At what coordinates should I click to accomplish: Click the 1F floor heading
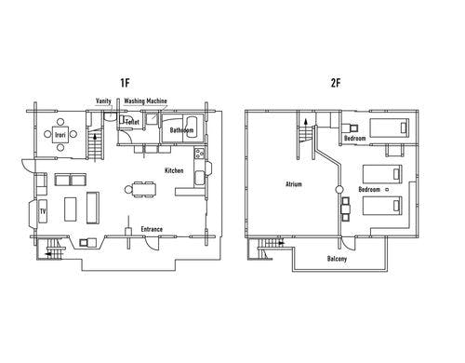[125, 83]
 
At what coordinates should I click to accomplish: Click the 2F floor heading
[336, 83]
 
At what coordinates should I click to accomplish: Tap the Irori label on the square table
[60, 135]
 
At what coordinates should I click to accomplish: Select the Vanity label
[103, 101]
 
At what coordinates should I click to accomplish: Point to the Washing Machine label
[145, 101]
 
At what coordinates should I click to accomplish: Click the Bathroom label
[181, 130]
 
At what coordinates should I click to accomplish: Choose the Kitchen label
[174, 170]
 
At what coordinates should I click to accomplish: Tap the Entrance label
[152, 229]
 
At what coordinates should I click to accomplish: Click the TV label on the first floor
[43, 211]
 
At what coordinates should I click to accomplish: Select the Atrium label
[293, 184]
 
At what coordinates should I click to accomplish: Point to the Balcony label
[337, 259]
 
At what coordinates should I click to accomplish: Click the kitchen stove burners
[199, 154]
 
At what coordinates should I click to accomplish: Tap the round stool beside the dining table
[128, 189]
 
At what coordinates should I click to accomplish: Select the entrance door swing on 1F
[151, 243]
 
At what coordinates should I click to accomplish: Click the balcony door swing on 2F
[348, 243]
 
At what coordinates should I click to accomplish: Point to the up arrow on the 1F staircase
[95, 136]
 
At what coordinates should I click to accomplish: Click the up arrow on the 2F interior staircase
[306, 122]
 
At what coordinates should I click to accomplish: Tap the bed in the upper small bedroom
[389, 128]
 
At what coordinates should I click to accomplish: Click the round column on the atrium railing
[339, 189]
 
